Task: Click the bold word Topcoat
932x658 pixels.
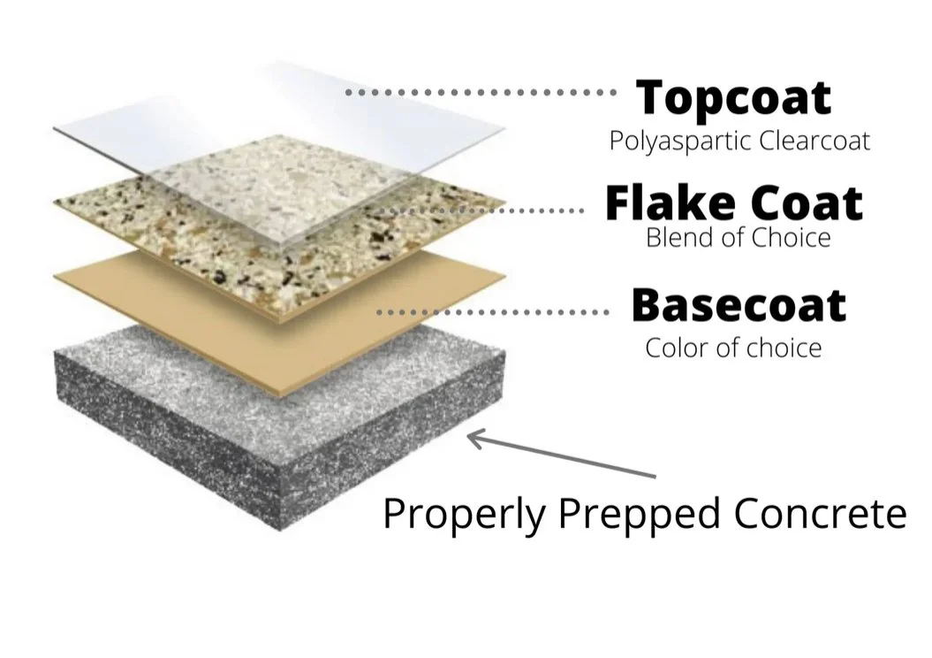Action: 733,98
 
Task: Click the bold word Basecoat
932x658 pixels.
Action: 739,305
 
